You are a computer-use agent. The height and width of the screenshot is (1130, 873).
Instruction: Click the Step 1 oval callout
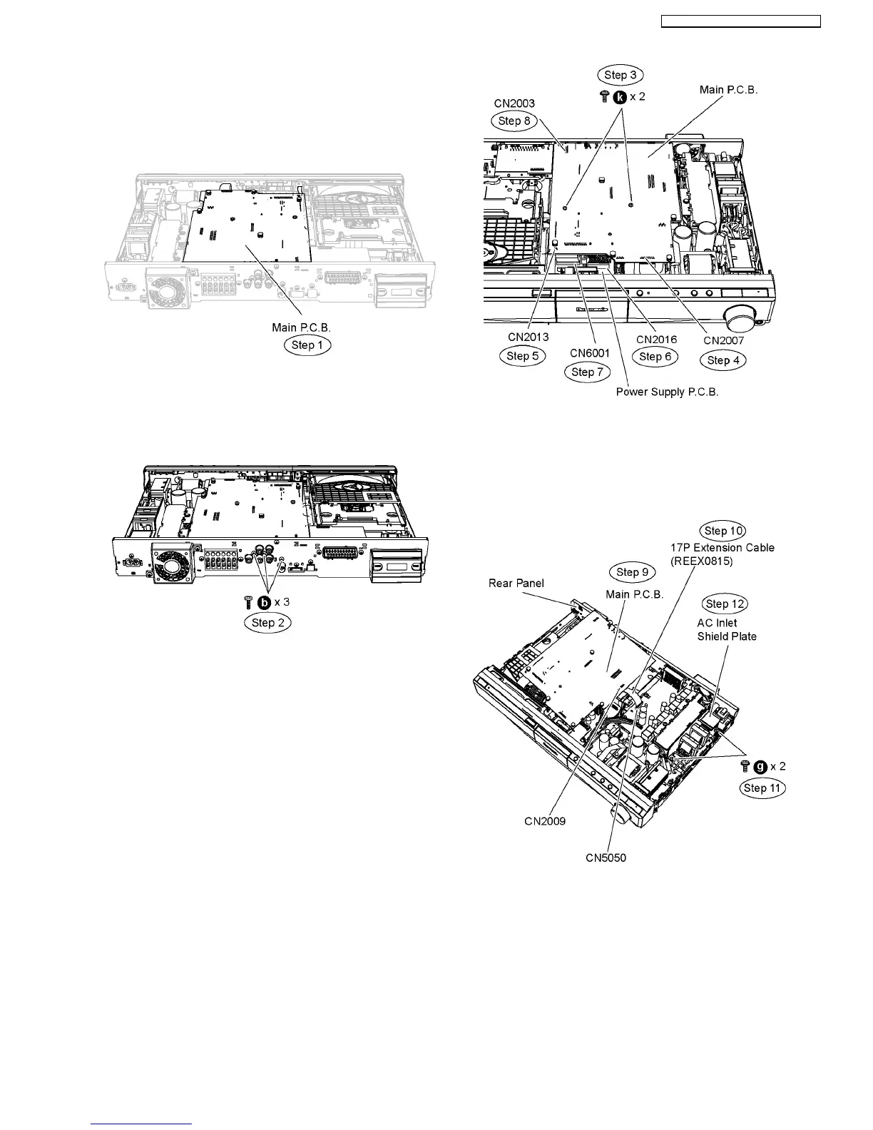click(307, 345)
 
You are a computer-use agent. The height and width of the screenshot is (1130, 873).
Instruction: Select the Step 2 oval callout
click(267, 622)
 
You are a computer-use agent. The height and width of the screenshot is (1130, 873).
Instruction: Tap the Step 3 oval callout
click(620, 75)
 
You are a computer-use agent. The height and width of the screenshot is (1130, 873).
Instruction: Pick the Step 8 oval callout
click(514, 121)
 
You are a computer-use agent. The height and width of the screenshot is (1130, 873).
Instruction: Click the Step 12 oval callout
click(725, 604)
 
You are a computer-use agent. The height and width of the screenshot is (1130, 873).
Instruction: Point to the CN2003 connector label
click(514, 103)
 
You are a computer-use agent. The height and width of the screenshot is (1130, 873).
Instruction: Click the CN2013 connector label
click(529, 337)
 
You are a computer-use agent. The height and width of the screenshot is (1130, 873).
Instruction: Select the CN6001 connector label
click(590, 353)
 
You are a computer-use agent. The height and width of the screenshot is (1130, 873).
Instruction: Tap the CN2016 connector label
click(656, 340)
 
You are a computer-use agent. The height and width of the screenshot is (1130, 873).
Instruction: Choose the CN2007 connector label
click(723, 340)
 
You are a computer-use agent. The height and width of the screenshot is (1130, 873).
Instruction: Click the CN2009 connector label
click(545, 821)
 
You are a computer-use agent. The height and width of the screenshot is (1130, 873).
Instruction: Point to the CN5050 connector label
click(606, 857)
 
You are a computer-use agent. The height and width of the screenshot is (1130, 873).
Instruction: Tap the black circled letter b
click(264, 602)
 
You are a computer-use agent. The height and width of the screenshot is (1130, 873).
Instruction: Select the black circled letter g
click(760, 766)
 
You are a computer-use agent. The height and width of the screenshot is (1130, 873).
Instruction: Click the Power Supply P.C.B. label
click(667, 392)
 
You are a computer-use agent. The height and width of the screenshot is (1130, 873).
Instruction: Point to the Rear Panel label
click(516, 583)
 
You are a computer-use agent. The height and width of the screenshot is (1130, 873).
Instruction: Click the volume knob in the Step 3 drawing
click(740, 316)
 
